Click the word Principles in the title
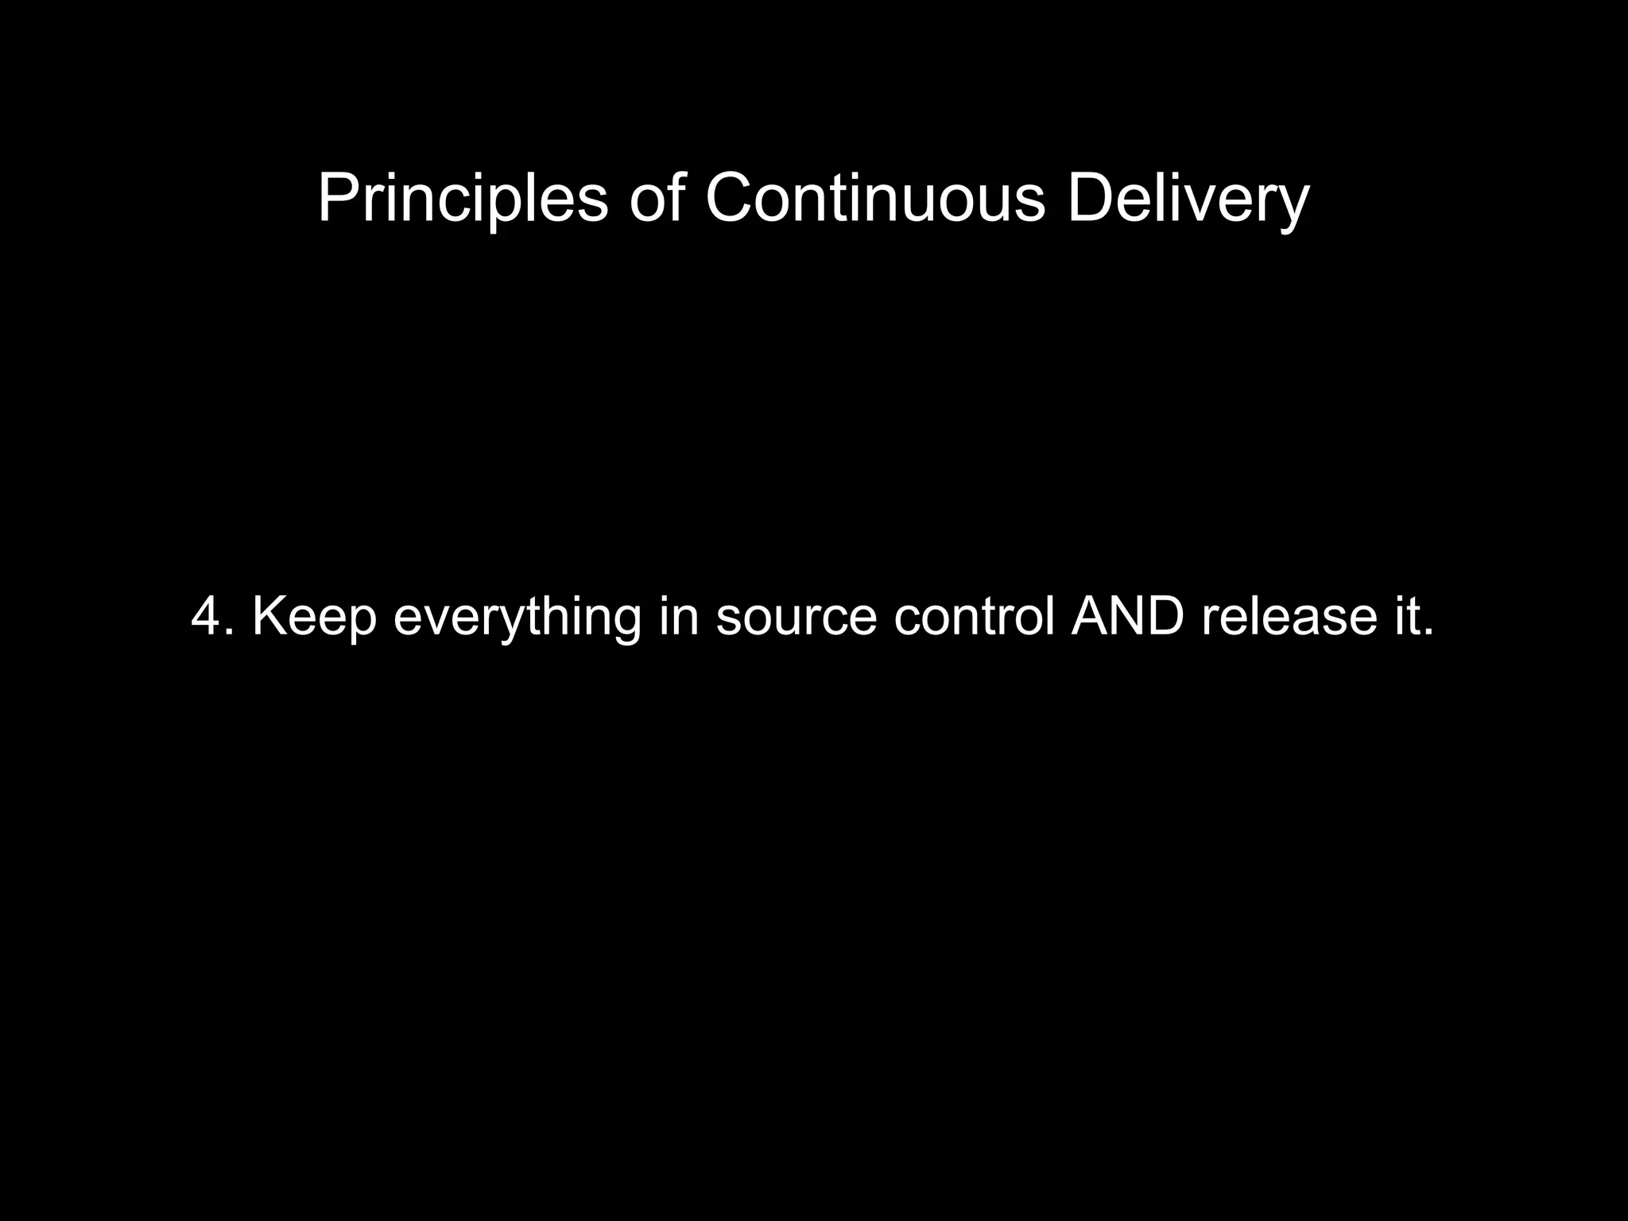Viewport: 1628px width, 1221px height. click(463, 199)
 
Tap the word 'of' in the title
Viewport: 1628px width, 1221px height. click(656, 199)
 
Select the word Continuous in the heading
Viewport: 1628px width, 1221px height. click(874, 199)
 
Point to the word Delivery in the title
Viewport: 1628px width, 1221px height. click(1188, 199)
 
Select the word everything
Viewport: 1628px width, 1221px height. click(517, 618)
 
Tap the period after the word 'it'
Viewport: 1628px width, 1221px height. click(1428, 634)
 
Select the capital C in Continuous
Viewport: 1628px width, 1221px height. click(731, 199)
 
